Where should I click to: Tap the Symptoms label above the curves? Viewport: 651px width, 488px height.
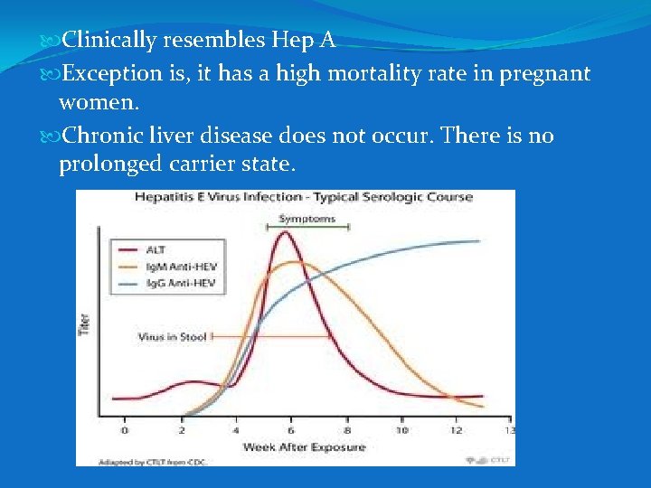coord(307,219)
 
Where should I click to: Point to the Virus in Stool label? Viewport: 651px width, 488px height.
coord(172,337)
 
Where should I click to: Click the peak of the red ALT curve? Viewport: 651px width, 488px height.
coord(286,232)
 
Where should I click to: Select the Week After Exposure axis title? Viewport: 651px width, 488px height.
coord(304,446)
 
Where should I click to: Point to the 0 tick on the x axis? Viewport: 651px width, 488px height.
coord(125,429)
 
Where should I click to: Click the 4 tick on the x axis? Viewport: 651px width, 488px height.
coord(235,429)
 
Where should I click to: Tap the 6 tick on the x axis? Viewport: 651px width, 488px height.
coord(290,429)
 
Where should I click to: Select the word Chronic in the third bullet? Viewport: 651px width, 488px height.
coord(99,136)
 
